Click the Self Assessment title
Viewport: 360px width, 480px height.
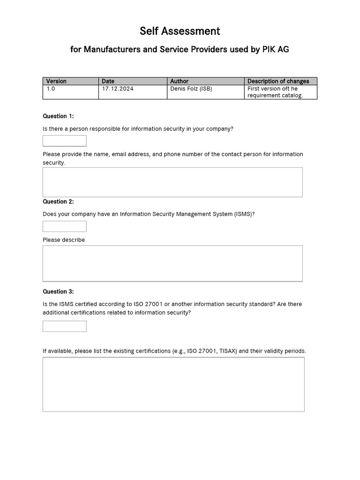(x=180, y=31)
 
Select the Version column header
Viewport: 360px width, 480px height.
(x=56, y=81)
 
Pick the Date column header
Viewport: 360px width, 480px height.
(x=108, y=81)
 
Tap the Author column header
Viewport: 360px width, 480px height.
(x=179, y=81)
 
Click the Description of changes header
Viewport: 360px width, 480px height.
(x=278, y=81)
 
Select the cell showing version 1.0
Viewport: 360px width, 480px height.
(x=70, y=92)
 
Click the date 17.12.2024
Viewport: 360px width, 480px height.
(x=117, y=89)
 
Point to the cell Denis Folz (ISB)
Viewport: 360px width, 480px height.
(x=191, y=89)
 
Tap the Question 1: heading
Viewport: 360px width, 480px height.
(x=58, y=116)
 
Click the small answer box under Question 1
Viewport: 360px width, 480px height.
(x=65, y=141)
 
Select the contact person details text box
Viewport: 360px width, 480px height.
(x=172, y=182)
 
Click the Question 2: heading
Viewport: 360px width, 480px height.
(x=58, y=202)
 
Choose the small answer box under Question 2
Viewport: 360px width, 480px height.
(x=65, y=226)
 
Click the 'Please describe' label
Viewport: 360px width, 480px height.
(x=64, y=240)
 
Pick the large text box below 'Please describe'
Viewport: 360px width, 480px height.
(x=172, y=263)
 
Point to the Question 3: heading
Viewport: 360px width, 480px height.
(x=58, y=292)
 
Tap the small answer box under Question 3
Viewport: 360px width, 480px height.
(x=65, y=326)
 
